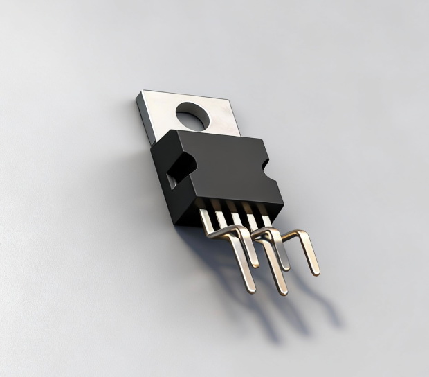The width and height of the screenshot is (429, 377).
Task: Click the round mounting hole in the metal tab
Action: [192, 115]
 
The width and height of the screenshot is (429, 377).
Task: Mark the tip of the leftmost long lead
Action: [252, 289]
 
